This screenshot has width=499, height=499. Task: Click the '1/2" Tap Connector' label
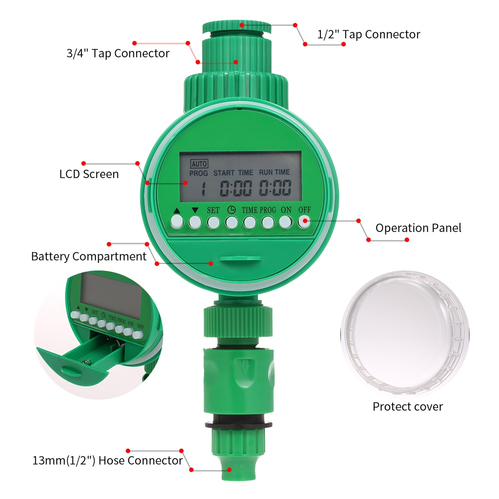[x=369, y=34]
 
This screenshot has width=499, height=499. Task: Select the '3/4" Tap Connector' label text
[x=118, y=53]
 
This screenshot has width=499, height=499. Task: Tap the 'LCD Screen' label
[x=89, y=174]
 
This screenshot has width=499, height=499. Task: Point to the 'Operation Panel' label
[x=418, y=228]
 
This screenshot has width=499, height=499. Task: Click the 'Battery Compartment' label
[x=89, y=256]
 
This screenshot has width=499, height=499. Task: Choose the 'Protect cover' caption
[x=408, y=406]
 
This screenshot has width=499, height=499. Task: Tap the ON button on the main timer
[x=285, y=221]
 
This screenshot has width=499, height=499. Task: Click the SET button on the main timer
[x=213, y=221]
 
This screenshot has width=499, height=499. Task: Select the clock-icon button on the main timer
[x=231, y=221]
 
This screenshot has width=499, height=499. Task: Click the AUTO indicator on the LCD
[x=199, y=163]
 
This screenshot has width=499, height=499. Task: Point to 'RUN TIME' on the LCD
[x=274, y=172]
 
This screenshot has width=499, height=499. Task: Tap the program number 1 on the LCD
[x=203, y=189]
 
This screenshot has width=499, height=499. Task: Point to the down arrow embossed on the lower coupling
[x=245, y=370]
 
